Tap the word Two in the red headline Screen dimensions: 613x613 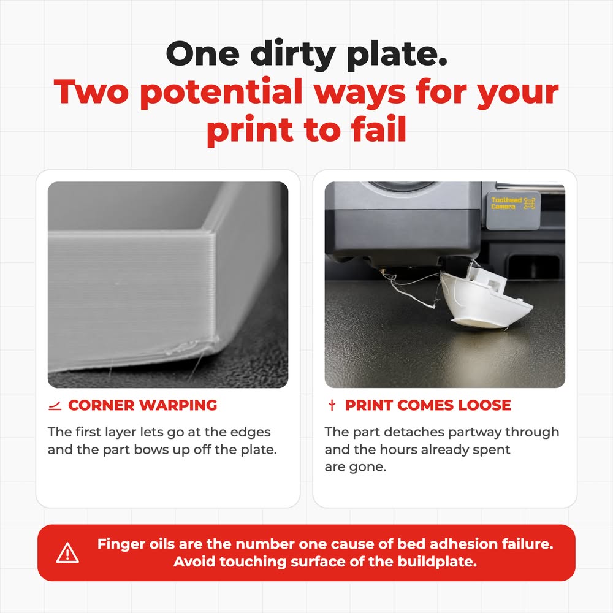[x=91, y=91]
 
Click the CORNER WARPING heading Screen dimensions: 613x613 [x=142, y=405]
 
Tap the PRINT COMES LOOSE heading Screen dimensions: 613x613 [x=428, y=405]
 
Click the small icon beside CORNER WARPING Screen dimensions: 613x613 [x=55, y=406]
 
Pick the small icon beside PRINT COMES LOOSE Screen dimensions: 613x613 [x=332, y=405]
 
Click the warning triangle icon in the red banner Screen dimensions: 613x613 [x=67, y=553]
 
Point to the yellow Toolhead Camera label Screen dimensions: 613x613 [x=512, y=204]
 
